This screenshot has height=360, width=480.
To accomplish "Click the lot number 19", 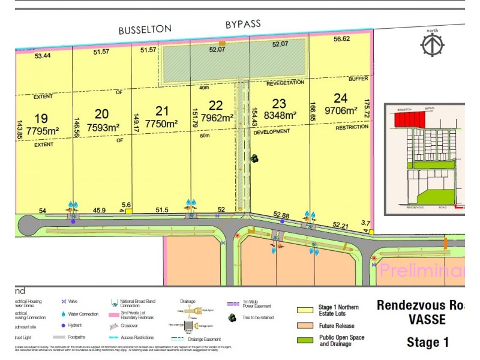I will pos(41,118).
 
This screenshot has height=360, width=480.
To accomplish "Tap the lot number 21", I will pos(162,110).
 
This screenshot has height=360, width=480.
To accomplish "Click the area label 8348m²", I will pos(280,115).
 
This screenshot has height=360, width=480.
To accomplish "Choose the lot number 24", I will pos(340,98).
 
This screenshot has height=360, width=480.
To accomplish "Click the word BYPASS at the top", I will pos(243,24).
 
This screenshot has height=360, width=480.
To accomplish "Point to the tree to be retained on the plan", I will pos(255,158).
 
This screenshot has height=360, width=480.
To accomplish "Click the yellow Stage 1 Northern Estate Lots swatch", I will pos(305,310).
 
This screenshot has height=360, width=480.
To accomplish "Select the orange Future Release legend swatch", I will pos(305,326).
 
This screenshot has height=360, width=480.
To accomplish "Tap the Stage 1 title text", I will pos(428,343).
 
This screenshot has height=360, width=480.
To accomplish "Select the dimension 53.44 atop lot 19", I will pos(43,56).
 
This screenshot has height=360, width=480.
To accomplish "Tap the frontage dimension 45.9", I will pos(100,210).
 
